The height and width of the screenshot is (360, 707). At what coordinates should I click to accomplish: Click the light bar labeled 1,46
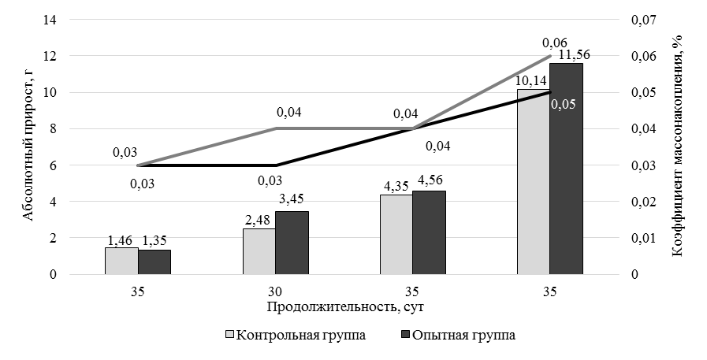(121, 261)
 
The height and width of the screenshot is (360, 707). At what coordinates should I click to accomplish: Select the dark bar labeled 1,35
(154, 262)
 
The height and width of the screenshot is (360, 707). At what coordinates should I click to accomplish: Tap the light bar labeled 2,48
(259, 251)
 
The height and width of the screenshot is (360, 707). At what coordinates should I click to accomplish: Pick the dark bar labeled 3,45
(292, 243)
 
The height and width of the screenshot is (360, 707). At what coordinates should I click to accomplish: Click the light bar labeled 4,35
(396, 235)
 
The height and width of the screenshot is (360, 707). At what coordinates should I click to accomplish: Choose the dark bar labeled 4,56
(429, 232)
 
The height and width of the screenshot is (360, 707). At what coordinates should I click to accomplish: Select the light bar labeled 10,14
(533, 182)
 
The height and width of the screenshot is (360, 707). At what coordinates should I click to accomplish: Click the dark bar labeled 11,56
(566, 169)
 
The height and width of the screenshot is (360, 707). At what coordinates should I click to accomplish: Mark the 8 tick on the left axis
(54, 129)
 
